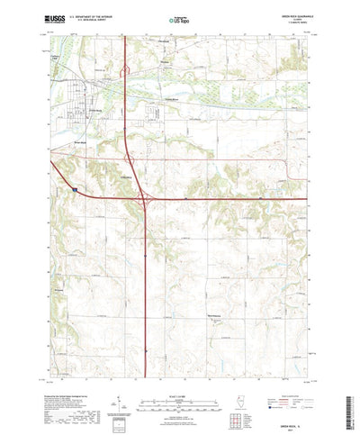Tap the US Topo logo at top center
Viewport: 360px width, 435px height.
point(180,17)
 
